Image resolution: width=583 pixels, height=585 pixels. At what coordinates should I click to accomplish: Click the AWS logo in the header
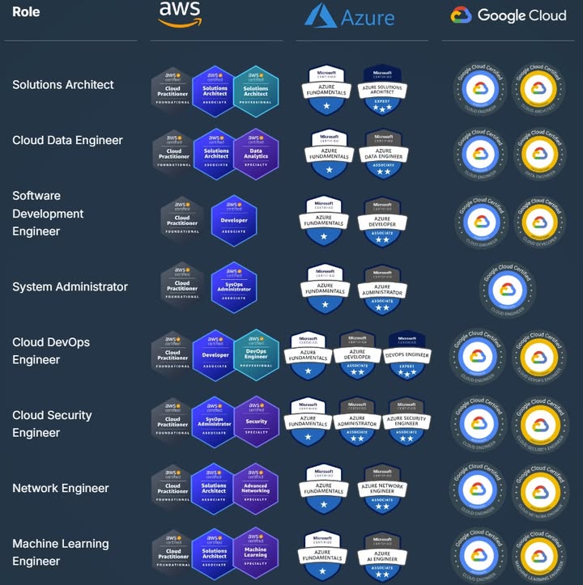pos(180,15)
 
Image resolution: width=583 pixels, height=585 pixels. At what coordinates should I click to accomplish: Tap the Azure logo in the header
pos(349,16)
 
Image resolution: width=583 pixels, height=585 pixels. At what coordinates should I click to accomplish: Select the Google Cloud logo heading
pos(508,15)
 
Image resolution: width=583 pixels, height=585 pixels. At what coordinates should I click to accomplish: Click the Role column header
pos(26,12)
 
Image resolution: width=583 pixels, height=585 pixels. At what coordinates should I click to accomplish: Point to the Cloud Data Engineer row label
pos(67,140)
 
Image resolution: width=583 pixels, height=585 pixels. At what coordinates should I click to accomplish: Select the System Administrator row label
pos(70,286)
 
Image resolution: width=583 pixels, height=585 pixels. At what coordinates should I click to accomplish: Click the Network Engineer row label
pos(61,488)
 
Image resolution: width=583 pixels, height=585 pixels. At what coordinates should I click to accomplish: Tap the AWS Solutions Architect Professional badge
pos(256,91)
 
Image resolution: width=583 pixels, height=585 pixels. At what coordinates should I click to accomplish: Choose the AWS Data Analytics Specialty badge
pos(256,152)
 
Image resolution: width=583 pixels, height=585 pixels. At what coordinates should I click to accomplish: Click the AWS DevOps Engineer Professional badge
pos(256,354)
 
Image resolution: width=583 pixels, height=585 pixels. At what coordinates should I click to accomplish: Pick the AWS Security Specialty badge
pos(256,421)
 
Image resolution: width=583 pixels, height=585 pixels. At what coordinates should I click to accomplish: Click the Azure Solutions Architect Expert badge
pos(383,90)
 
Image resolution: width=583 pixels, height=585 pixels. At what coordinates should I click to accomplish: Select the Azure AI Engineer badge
pos(383,555)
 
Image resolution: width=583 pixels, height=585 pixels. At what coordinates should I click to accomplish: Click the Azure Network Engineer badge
pos(383,488)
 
